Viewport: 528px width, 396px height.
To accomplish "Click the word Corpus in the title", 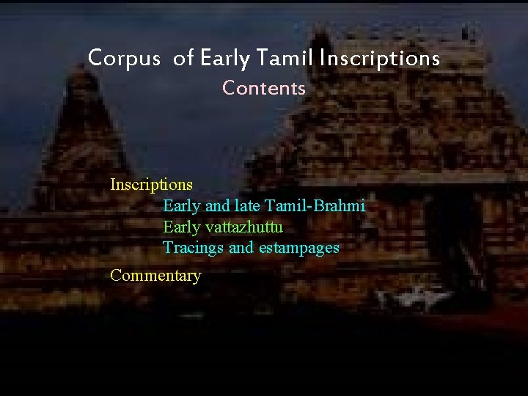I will coord(123,57).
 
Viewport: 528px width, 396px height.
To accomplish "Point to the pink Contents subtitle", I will coord(264,88).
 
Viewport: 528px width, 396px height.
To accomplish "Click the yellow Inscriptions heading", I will coord(151,184).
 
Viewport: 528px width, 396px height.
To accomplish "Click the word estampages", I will coord(299,248).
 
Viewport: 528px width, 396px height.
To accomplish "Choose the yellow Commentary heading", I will coord(155,276).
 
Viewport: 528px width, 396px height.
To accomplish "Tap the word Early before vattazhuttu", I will coord(180,227).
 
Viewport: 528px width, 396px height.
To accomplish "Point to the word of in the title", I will coord(182,57).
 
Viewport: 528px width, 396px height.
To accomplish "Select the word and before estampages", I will coord(241,248).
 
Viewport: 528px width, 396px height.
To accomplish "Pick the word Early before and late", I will coord(180,205).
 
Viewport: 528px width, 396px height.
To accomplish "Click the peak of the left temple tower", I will coord(78,59).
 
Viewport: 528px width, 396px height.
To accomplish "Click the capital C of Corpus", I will coord(94,57).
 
